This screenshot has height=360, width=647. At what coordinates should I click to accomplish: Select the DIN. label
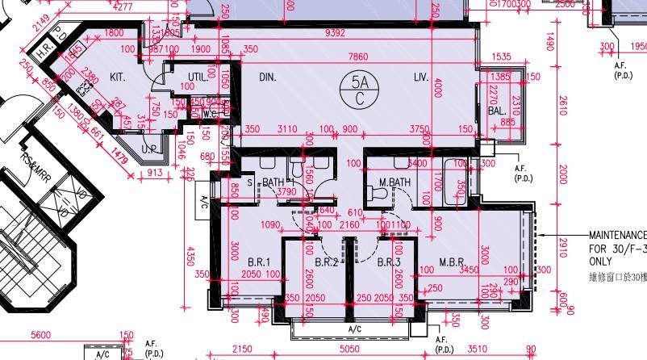tap(268, 77)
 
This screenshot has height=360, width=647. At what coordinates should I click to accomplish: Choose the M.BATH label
tap(395, 183)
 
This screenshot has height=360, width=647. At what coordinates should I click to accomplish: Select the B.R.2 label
tap(326, 262)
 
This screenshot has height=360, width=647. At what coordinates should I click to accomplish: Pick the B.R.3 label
tap(389, 262)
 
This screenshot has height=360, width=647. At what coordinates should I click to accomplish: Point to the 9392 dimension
tap(335, 34)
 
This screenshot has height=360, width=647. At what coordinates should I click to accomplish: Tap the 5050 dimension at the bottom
tap(349, 350)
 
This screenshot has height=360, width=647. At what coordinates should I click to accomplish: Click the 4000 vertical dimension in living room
tap(438, 88)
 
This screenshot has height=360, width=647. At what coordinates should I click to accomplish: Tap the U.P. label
tap(149, 150)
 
